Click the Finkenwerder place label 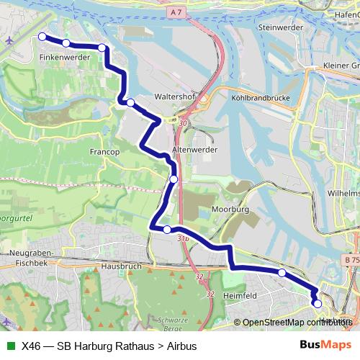64,56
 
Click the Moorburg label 230,209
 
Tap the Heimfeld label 240,294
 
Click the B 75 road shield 351,259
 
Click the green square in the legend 10,346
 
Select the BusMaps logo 325,345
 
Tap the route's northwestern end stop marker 42,37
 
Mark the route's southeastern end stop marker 318,304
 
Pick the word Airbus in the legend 181,346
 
